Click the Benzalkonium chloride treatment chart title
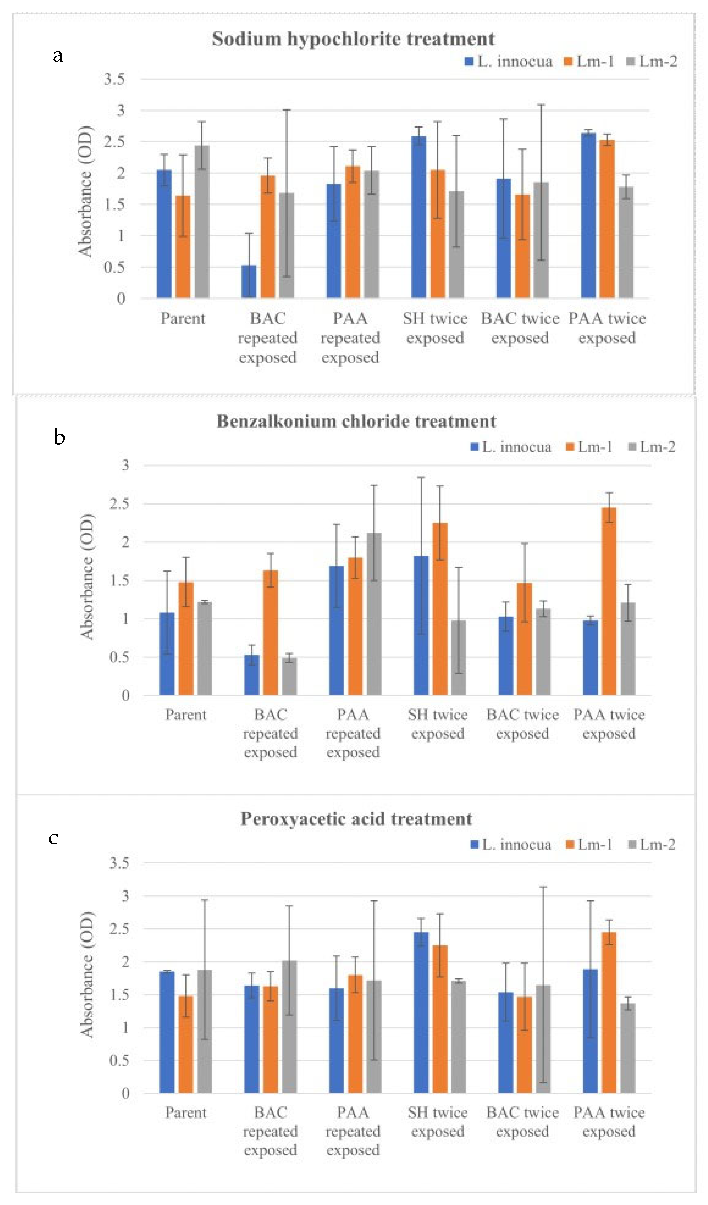pyautogui.click(x=356, y=421)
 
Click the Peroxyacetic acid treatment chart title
pyautogui.click(x=356, y=819)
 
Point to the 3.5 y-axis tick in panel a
pyautogui.click(x=114, y=79)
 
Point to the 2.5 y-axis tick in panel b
pyautogui.click(x=119, y=503)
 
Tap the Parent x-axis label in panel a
pyautogui.click(x=183, y=318)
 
